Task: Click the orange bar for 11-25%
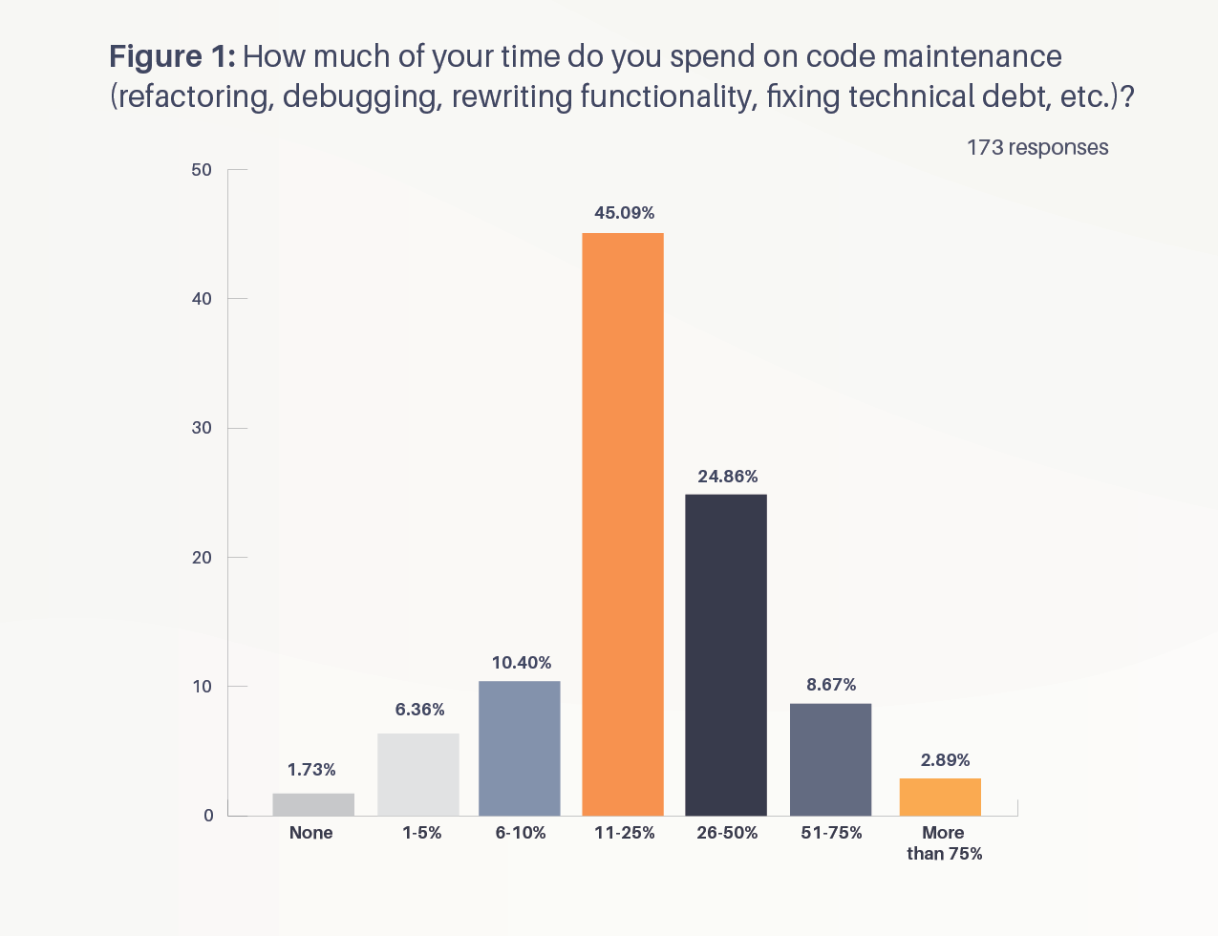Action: (623, 523)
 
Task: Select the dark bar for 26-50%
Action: (726, 654)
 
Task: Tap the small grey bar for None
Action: (313, 804)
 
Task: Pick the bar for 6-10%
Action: (520, 748)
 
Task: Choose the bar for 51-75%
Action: (830, 759)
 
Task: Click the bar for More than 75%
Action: (940, 797)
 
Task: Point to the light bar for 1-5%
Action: (418, 774)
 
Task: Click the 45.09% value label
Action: (625, 213)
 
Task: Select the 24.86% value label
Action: (728, 477)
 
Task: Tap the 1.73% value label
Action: (311, 770)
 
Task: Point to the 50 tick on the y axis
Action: (202, 170)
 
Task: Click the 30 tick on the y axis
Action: (202, 428)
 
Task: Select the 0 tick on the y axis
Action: (207, 816)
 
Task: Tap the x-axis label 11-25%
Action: (625, 833)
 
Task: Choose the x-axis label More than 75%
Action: (944, 843)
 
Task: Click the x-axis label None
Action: (311, 833)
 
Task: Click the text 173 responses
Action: (1037, 147)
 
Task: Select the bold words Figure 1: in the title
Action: (172, 57)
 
